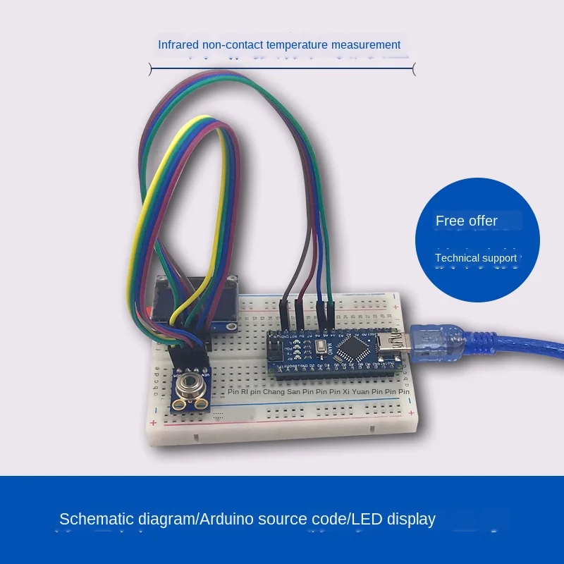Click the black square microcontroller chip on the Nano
coord(350,347)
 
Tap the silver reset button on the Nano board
coord(323,347)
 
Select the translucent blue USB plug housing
coord(438,340)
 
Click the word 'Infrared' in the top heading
coord(178,45)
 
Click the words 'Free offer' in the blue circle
coord(466,221)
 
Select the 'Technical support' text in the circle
coord(476,258)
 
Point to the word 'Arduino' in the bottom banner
coord(228,520)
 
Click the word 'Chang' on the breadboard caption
coord(274,391)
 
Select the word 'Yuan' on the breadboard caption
coord(361,391)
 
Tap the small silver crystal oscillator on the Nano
coord(323,347)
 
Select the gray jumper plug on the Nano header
coord(283,312)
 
